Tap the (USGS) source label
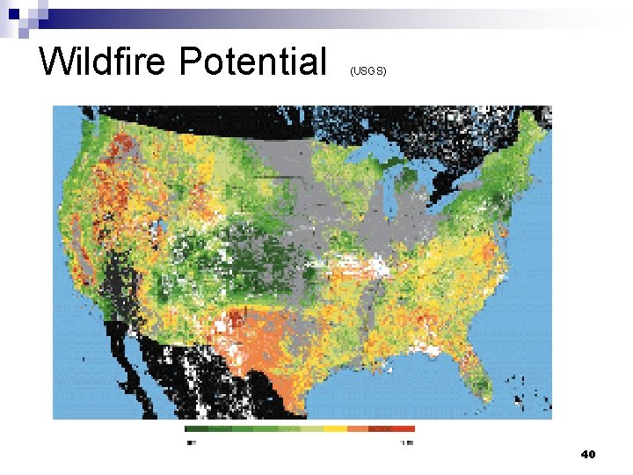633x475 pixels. point(367,70)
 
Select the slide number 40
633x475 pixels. point(588,455)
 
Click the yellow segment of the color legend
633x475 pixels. point(334,429)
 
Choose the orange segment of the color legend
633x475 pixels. point(358,429)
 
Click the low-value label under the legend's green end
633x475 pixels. point(191,442)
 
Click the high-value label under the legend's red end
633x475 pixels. point(406,442)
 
